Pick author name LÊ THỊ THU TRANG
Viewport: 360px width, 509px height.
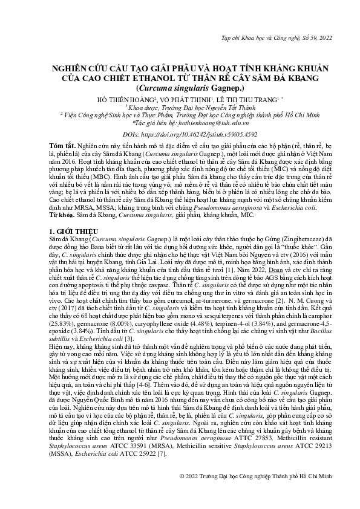pos(244,98)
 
